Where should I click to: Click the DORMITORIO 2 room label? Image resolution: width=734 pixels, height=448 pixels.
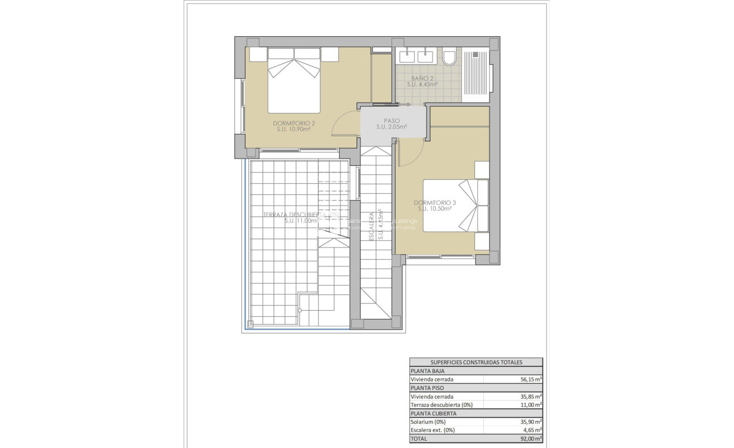coord(294,123)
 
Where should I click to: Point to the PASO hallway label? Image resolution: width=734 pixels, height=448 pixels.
coord(391,121)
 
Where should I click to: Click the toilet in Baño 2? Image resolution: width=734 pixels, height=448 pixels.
coord(449,58)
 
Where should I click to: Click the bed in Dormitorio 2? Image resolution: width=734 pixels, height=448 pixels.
coord(294,81)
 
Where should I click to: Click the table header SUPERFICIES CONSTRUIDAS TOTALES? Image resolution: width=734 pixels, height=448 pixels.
coord(476,362)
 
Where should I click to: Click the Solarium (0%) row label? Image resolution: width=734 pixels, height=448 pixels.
coord(428,422)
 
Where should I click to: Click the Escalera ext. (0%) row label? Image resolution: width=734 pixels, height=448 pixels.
coord(433,430)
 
